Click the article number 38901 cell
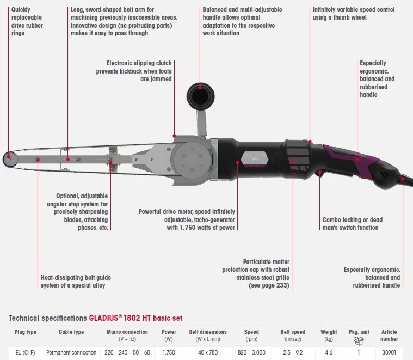390,352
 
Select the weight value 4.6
329,352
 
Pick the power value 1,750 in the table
169,352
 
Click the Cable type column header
71,332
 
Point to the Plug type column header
24,332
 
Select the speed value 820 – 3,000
251,352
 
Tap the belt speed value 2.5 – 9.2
293,352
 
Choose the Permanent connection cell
71,352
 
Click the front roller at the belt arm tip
9,158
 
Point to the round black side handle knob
200,96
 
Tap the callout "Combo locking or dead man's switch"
352,223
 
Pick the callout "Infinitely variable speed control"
354,14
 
